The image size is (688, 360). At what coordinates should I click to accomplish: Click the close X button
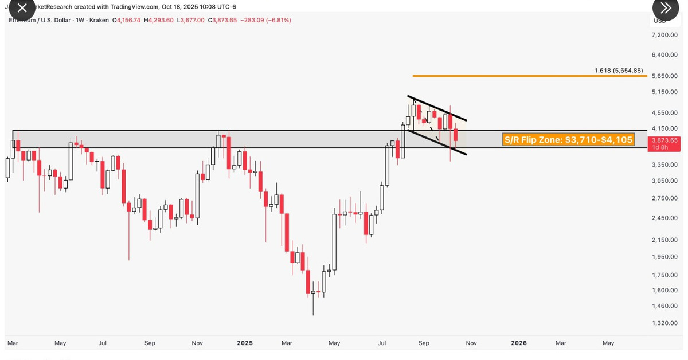click(x=21, y=9)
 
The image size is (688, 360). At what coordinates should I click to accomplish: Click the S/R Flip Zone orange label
click(x=568, y=139)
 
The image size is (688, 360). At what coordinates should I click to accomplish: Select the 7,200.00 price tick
click(x=664, y=35)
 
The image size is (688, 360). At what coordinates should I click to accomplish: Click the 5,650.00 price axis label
click(x=664, y=76)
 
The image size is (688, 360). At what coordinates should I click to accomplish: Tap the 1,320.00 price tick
click(x=664, y=323)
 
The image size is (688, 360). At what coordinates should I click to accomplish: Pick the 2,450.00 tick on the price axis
click(x=664, y=218)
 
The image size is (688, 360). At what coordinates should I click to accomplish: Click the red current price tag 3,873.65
click(x=664, y=140)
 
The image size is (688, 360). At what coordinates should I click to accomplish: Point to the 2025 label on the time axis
click(x=245, y=343)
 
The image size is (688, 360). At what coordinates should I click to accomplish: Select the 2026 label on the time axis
click(x=519, y=343)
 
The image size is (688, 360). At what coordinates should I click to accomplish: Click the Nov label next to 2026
click(x=471, y=343)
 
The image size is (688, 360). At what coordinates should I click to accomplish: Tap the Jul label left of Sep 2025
click(x=382, y=343)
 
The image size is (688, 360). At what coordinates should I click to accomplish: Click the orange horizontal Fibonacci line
click(x=516, y=76)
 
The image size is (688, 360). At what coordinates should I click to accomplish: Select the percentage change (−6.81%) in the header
click(x=275, y=21)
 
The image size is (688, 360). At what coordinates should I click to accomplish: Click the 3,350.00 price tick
click(x=664, y=165)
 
